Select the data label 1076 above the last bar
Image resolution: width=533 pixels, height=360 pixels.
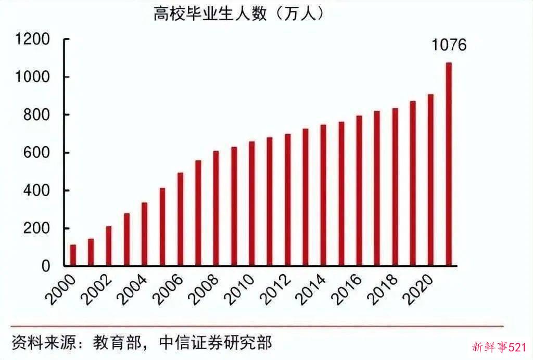click(449, 45)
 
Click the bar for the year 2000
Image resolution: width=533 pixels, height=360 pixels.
click(73, 255)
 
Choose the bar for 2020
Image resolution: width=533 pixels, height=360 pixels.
click(430, 180)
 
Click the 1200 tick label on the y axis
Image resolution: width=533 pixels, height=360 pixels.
click(33, 40)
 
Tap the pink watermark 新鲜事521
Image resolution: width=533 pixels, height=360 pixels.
click(500, 347)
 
